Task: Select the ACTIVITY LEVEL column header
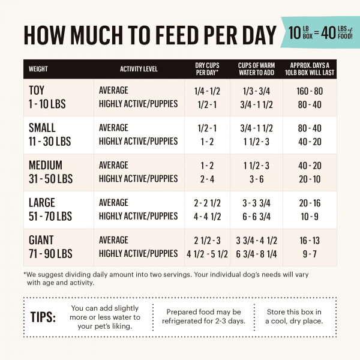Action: tap(139, 69)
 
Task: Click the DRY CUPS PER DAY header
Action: tap(207, 69)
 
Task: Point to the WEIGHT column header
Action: tap(38, 69)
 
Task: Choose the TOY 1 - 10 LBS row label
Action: tap(47, 97)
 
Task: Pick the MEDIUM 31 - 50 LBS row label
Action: tap(51, 172)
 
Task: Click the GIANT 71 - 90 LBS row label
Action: tap(50, 247)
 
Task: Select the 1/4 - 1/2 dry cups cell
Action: tap(207, 91)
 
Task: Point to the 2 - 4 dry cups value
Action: tap(207, 179)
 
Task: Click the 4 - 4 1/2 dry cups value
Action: tap(207, 216)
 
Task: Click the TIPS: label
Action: tap(43, 317)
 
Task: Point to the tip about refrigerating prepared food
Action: tap(203, 316)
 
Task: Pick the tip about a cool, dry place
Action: tap(293, 316)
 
